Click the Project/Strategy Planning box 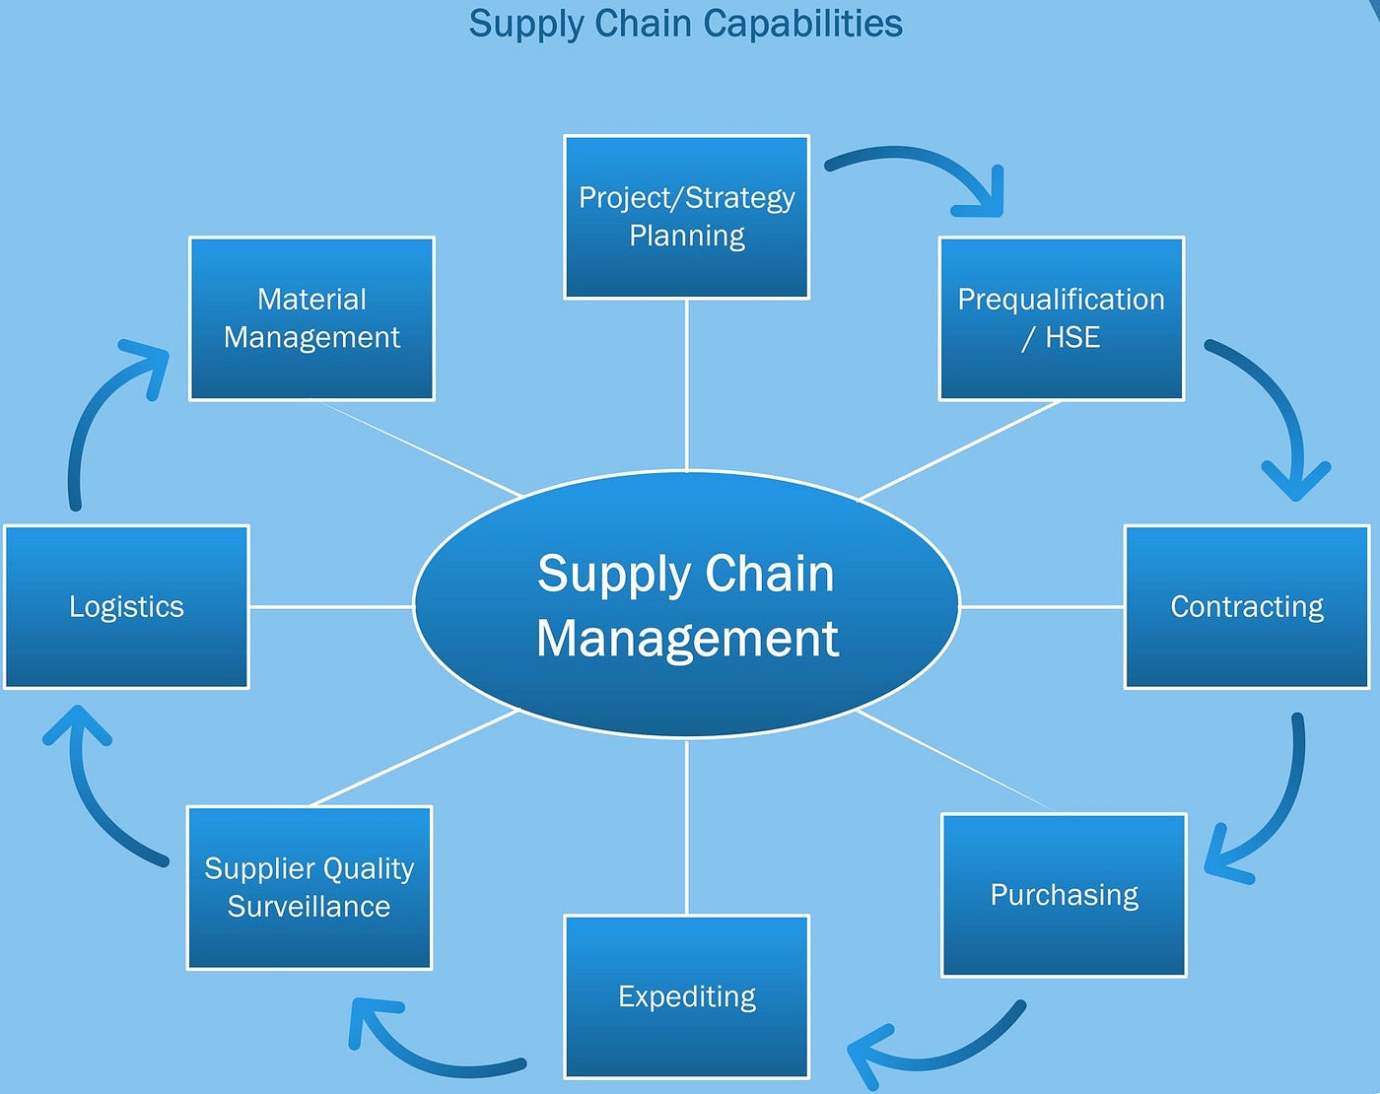[686, 217]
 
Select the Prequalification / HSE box [1061, 318]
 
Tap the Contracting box [1246, 606]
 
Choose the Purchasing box [1064, 895]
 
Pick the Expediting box [686, 996]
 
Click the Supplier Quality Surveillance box [310, 887]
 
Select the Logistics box [126, 606]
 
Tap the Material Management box [311, 318]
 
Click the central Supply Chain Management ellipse [686, 604]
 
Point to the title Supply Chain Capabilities [686, 24]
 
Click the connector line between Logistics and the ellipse [330, 606]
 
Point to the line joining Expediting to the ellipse [686, 828]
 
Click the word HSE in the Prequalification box [1072, 338]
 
